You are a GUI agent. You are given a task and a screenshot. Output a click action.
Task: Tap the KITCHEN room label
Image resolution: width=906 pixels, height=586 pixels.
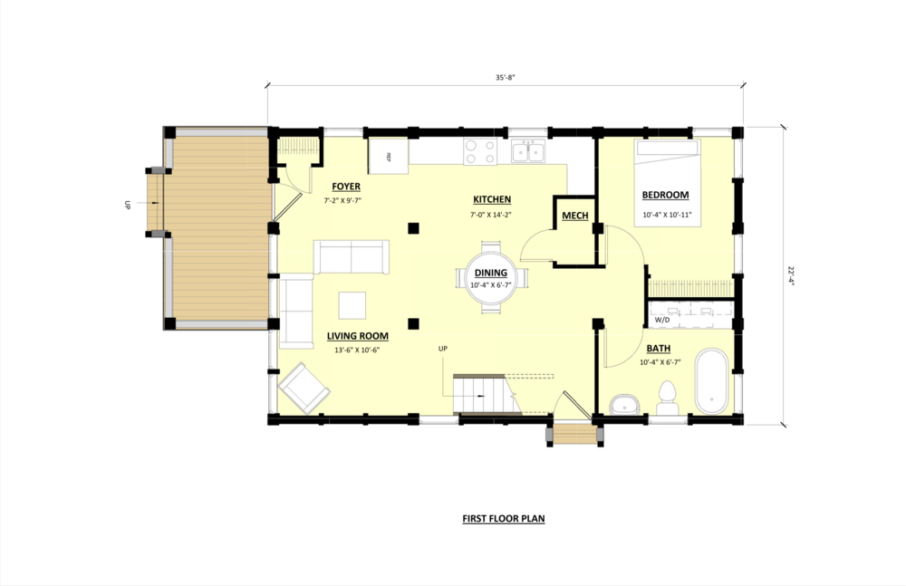[492, 199]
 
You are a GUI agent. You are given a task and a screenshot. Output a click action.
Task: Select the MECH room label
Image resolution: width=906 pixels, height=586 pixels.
[574, 216]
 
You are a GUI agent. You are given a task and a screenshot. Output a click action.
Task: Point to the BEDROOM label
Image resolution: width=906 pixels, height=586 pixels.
[665, 195]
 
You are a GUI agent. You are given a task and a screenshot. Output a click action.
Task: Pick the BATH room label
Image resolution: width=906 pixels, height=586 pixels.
[659, 349]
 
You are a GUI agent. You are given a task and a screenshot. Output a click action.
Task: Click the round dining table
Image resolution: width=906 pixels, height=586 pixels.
[490, 277]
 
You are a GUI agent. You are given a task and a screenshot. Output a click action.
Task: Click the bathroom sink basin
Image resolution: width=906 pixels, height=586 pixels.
[623, 403]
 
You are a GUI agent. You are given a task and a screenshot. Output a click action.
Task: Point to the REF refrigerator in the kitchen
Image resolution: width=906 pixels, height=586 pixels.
[388, 156]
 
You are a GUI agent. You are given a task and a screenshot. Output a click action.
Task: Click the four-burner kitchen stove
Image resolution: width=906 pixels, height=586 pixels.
[480, 151]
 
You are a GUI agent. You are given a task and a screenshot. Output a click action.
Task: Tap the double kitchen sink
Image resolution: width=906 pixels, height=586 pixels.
[525, 150]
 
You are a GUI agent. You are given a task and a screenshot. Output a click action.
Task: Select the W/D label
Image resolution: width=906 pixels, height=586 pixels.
[661, 321]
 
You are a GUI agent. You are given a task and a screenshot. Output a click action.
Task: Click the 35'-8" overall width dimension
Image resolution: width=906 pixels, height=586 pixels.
[505, 79]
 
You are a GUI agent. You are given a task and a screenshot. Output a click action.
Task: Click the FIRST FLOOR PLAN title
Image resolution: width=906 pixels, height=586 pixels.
[504, 520]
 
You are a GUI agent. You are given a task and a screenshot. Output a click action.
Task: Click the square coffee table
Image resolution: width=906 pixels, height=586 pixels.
[352, 305]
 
